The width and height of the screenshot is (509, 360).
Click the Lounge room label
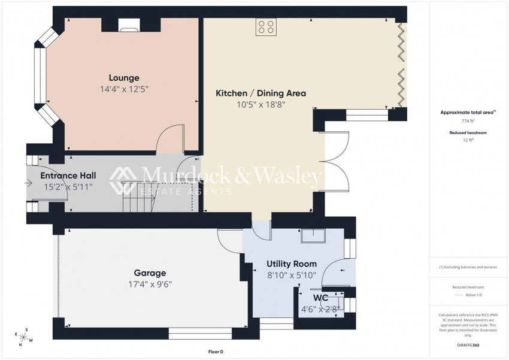click(124, 78)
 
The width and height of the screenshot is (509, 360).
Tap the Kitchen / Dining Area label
click(260, 93)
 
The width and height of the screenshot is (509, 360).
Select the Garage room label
click(150, 273)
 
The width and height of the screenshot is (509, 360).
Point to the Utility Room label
click(292, 264)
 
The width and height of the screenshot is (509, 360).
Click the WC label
click(320, 298)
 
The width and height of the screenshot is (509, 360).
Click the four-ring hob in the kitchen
click(266, 27)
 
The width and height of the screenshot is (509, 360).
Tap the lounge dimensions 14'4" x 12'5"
click(124, 89)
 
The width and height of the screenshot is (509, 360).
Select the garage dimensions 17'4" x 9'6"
click(150, 285)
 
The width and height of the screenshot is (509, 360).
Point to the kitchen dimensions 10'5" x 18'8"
click(260, 105)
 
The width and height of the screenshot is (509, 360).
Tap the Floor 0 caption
click(215, 352)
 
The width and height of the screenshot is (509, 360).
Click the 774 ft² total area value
click(467, 120)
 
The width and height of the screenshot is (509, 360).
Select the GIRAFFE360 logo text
click(467, 346)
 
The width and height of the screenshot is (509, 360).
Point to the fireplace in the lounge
click(129, 25)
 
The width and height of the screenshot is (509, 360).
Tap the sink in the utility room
click(313, 236)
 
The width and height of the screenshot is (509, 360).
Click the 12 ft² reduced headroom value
click(467, 140)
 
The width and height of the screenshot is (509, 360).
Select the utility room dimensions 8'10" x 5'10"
click(292, 276)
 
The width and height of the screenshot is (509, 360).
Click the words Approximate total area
click(465, 112)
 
